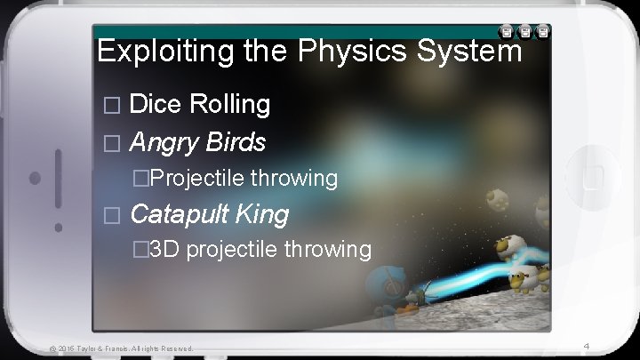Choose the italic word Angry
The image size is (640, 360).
pyautogui.click(x=164, y=141)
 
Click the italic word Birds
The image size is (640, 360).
pyautogui.click(x=236, y=141)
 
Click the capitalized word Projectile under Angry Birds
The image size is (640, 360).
pyautogui.click(x=197, y=179)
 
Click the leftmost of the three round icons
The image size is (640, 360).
pyautogui.click(x=505, y=32)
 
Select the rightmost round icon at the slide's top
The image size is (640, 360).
pyautogui.click(x=543, y=32)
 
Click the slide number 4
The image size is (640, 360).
pyautogui.click(x=587, y=345)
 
